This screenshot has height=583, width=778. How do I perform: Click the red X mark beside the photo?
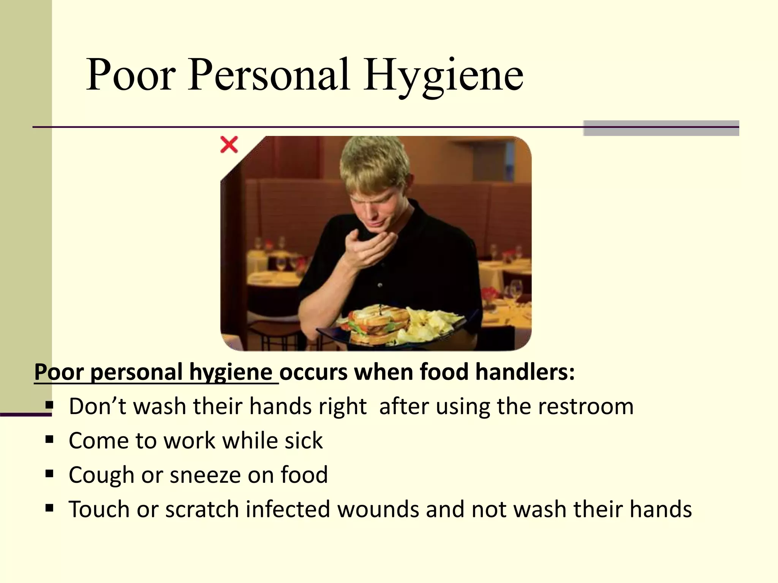pos(229,145)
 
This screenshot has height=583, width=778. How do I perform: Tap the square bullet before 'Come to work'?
pos(49,440)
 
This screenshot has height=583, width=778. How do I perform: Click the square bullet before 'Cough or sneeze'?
pos(49,474)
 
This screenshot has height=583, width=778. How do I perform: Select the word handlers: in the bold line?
pos(525,372)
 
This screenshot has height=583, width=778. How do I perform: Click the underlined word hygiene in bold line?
pos(231,372)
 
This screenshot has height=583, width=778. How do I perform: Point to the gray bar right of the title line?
pos(661,128)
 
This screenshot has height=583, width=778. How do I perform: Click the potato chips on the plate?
pos(433,323)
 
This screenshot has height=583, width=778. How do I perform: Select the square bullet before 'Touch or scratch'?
pos(49,508)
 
